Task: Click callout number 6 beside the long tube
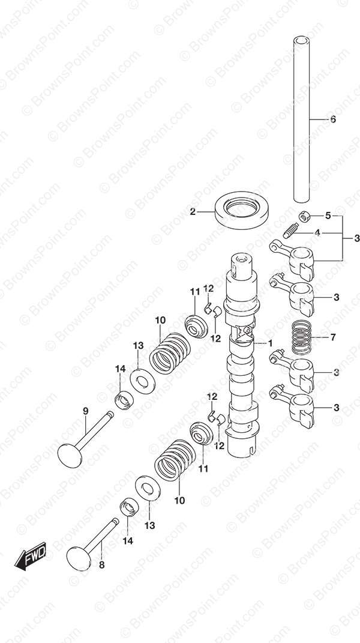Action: (332, 119)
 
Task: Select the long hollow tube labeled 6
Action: (301, 119)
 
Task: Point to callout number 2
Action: (193, 212)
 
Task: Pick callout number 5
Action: (328, 216)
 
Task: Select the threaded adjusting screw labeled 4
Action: (290, 230)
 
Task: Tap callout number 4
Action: (317, 233)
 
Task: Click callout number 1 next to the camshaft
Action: (270, 343)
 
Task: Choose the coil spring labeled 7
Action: (302, 337)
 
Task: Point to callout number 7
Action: (332, 337)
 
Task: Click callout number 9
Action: (85, 411)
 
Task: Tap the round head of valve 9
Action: (70, 454)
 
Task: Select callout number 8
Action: (101, 565)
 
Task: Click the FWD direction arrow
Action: (31, 555)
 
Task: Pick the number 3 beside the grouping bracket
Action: (356, 238)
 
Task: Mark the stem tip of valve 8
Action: (115, 521)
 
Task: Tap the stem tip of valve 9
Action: (110, 414)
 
